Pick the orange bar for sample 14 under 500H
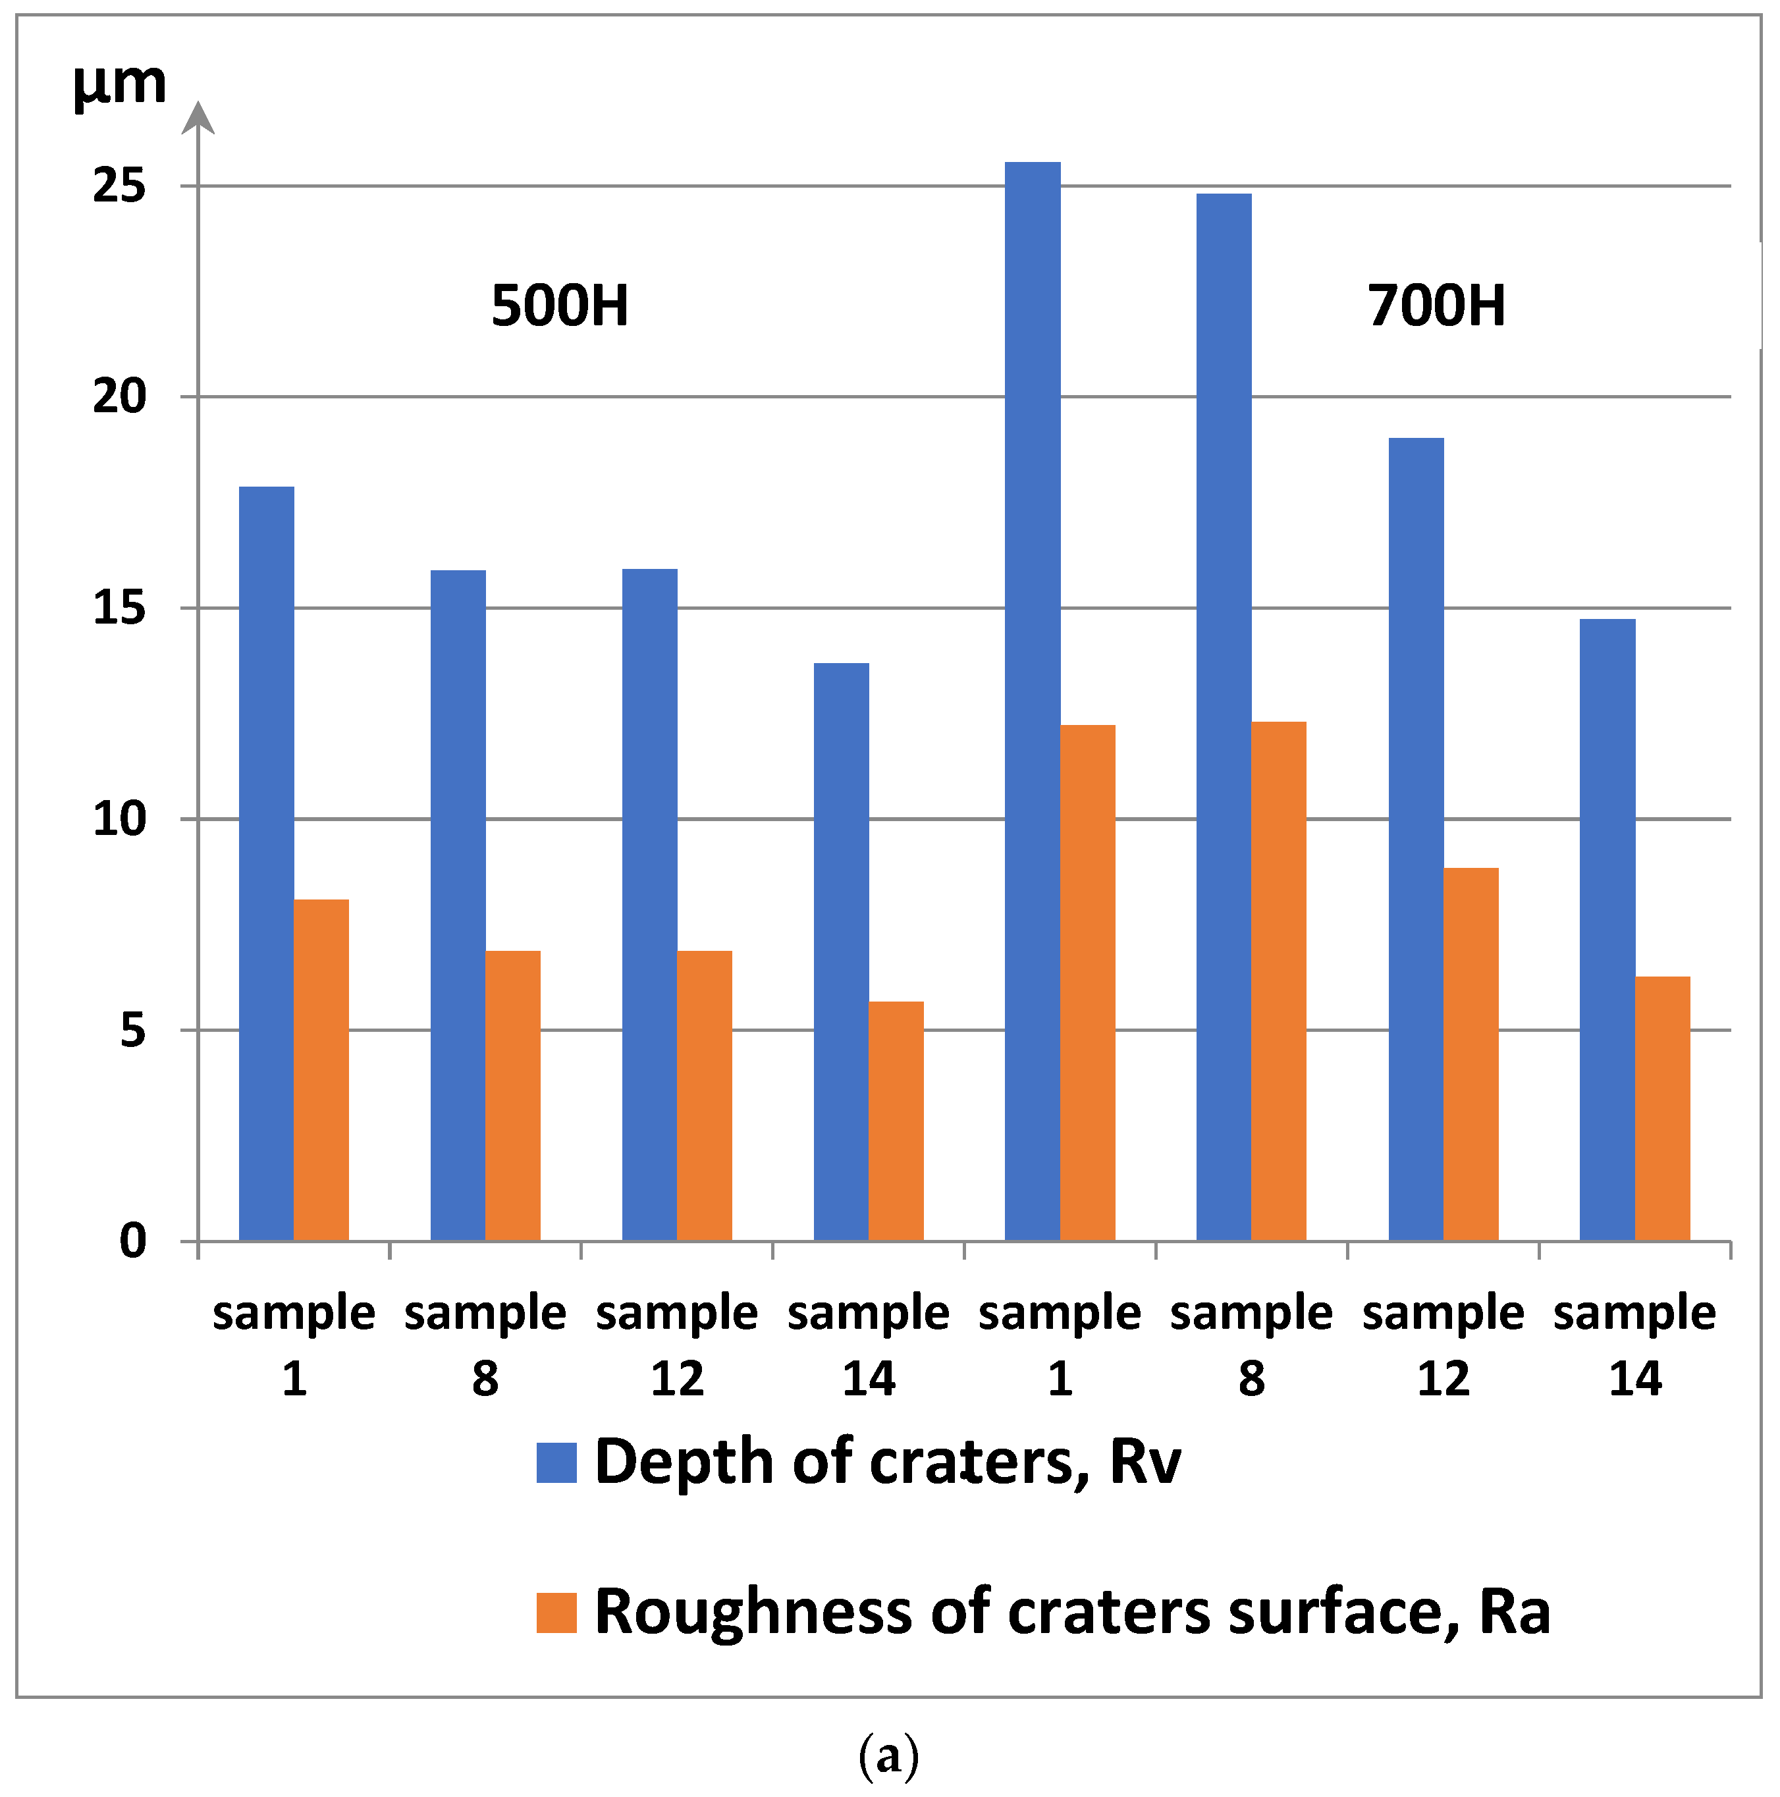click(x=896, y=1120)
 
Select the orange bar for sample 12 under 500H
click(x=704, y=1095)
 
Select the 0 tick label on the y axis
click(x=133, y=1241)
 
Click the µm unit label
click(x=119, y=84)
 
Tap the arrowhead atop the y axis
click(x=198, y=118)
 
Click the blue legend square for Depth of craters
click(x=556, y=1461)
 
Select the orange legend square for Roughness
click(x=556, y=1612)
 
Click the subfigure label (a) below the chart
click(x=888, y=1755)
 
